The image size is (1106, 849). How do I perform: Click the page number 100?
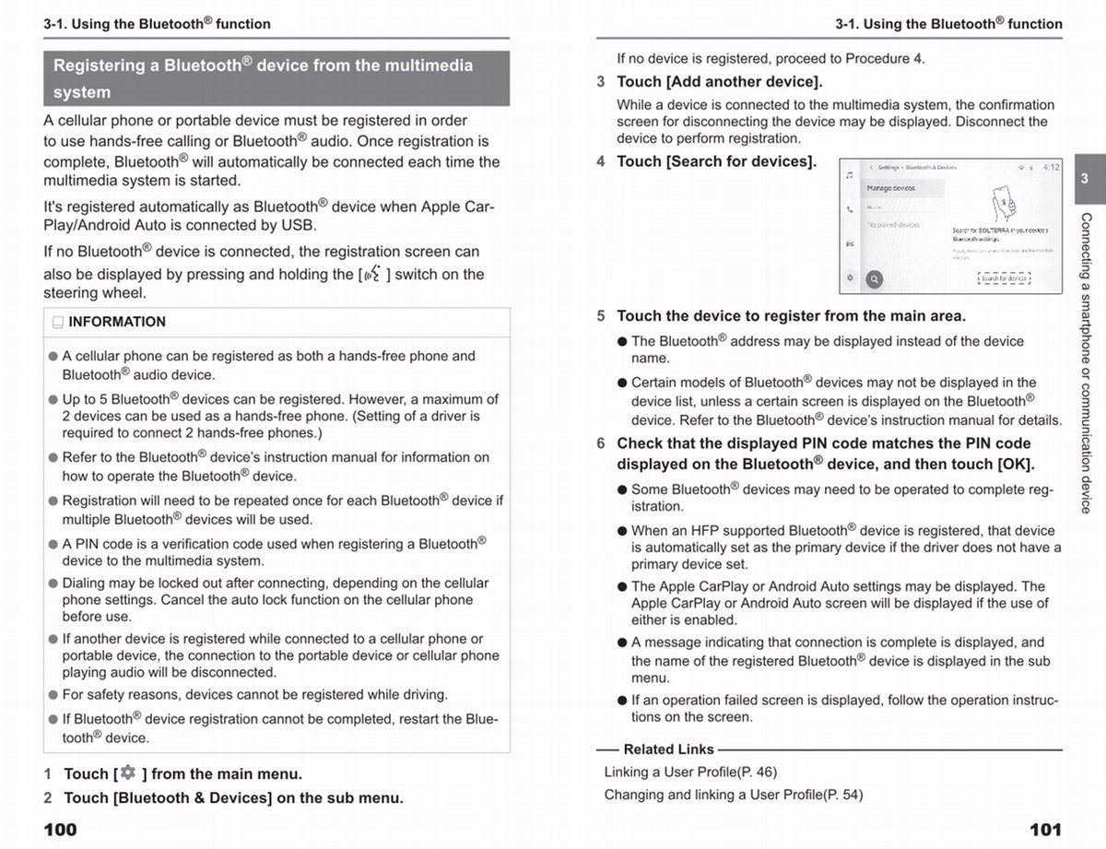click(61, 830)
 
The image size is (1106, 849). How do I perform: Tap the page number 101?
click(1045, 830)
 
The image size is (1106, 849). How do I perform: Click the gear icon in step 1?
click(127, 772)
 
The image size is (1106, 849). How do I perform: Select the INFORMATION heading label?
click(117, 322)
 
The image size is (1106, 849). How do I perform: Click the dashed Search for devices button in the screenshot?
click(1004, 277)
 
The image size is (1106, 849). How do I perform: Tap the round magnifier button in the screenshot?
click(874, 279)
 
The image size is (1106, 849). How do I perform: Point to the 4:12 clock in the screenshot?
click(1051, 168)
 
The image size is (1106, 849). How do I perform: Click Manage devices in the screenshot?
click(891, 188)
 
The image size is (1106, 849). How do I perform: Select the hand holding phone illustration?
click(1003, 204)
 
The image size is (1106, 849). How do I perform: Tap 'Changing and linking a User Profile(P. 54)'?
click(734, 795)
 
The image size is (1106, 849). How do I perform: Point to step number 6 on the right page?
click(601, 443)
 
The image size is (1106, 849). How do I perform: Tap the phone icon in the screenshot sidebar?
click(849, 208)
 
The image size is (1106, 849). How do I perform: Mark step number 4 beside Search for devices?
click(601, 161)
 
